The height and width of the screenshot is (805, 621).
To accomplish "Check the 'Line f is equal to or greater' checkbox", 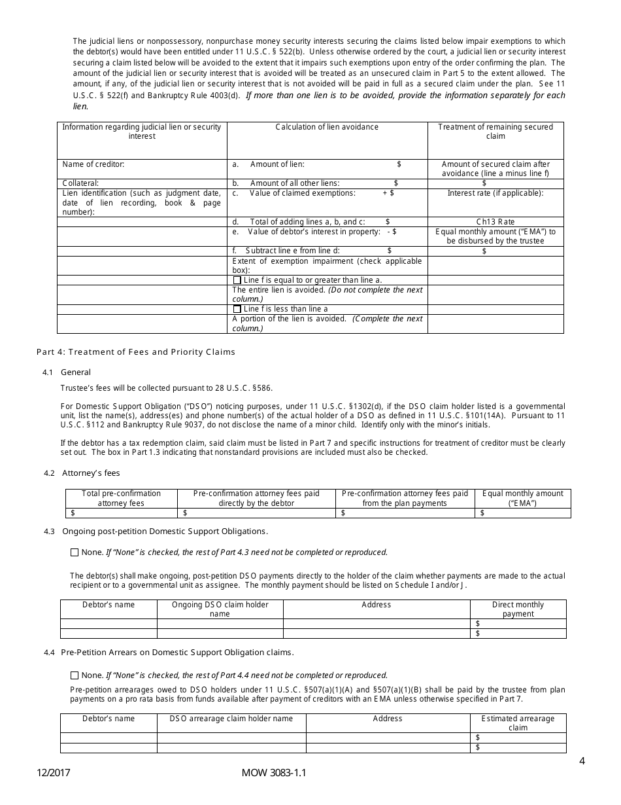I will [x=237, y=280].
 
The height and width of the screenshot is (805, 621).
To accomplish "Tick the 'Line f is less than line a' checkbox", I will [x=237, y=309].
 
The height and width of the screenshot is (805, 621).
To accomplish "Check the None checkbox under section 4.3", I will [x=74, y=552].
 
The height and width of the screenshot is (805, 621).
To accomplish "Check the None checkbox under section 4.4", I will [x=74, y=675].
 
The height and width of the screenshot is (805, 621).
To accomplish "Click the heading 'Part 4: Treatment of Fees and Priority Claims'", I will [x=135, y=352].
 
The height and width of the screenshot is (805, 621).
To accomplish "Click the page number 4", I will [x=582, y=761].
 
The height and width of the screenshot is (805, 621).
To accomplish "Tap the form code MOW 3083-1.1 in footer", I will [x=273, y=773].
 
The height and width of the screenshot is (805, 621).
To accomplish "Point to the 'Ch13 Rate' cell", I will [x=495, y=222].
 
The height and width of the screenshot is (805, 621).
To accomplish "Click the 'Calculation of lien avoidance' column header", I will [x=327, y=127].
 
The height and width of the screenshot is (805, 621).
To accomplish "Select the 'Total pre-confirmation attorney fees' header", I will [x=121, y=498].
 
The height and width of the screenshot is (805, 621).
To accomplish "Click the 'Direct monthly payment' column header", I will [x=518, y=609].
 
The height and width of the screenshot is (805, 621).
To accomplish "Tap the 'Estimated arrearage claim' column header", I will [x=518, y=723].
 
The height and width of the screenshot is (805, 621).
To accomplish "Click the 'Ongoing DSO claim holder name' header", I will [x=220, y=609].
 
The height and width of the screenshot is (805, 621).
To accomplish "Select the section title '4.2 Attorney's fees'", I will [x=82, y=473].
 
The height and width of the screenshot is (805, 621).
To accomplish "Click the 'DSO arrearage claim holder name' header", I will [x=231, y=719].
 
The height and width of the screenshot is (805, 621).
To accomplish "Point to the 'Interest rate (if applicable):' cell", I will [x=495, y=193].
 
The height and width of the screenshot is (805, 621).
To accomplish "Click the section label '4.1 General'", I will [x=67, y=372].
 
